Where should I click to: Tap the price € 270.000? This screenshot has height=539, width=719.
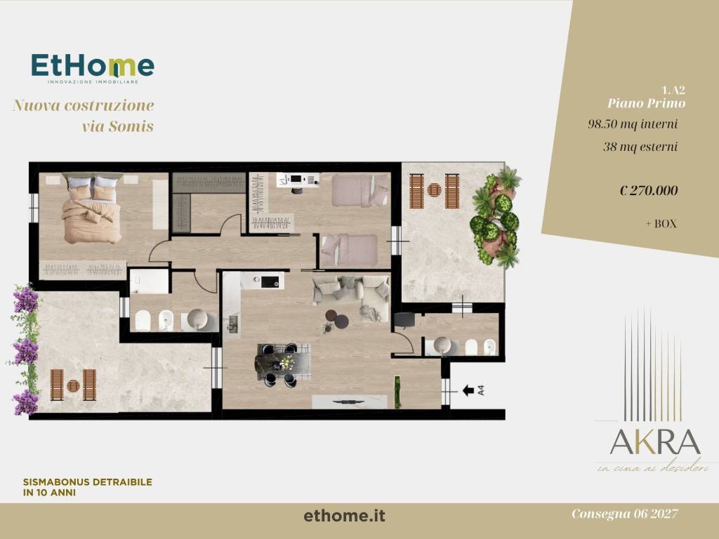click(649, 190)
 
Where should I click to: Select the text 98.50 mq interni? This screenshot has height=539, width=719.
click(632, 124)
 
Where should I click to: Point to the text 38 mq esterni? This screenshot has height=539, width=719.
click(640, 147)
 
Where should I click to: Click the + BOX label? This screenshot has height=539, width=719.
click(661, 225)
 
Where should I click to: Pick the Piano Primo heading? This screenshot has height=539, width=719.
click(646, 103)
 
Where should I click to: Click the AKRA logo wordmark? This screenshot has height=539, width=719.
click(654, 442)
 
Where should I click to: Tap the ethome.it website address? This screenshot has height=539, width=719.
click(345, 516)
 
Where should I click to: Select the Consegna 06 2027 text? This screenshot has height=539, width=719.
click(624, 514)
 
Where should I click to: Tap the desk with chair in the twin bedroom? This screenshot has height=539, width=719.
click(297, 181)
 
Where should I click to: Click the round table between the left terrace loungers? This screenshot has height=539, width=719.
click(72, 385)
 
